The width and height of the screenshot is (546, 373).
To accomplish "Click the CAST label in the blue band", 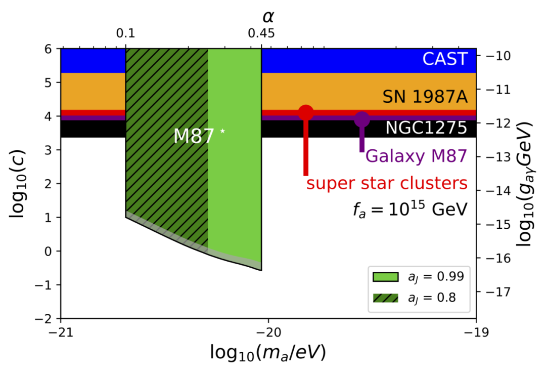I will tap(445, 59).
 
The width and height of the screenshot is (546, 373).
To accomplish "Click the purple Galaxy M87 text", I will tap(415, 156).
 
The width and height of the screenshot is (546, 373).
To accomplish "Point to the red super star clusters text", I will tap(387, 183).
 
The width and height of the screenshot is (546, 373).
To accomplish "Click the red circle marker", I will tap(306, 113).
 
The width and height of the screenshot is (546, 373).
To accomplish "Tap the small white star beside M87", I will tap(222, 132).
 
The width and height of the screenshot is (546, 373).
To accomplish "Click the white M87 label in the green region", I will tap(194, 136).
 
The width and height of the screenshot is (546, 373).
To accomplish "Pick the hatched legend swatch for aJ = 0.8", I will tap(385, 298).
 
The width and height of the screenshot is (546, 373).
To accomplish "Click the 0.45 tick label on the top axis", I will tap(261, 34).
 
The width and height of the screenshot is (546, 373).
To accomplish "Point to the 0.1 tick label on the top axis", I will tap(125, 34).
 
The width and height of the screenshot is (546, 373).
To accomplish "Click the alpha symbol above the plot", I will tap(268, 16).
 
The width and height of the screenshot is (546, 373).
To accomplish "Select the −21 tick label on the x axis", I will tap(61, 332).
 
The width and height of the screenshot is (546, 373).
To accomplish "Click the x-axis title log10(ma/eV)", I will tap(267, 353).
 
